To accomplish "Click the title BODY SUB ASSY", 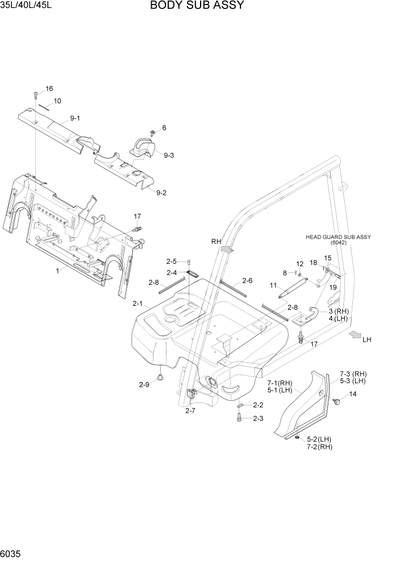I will (197, 6).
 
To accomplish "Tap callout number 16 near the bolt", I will (49, 89).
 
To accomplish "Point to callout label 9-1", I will (75, 118).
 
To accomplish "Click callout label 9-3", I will (169, 155).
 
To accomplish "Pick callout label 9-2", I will (161, 193).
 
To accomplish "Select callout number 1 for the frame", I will (57, 271).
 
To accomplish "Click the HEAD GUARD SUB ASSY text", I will (338, 237).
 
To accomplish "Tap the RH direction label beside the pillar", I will (216, 242).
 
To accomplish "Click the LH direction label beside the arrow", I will (367, 339).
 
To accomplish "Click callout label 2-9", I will (144, 385).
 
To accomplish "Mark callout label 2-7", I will (190, 411).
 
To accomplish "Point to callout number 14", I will (353, 394).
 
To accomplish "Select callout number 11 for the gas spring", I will (273, 285).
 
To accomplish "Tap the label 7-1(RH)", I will (280, 383).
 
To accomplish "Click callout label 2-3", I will (258, 418).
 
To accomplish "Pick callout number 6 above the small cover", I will (164, 128).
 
